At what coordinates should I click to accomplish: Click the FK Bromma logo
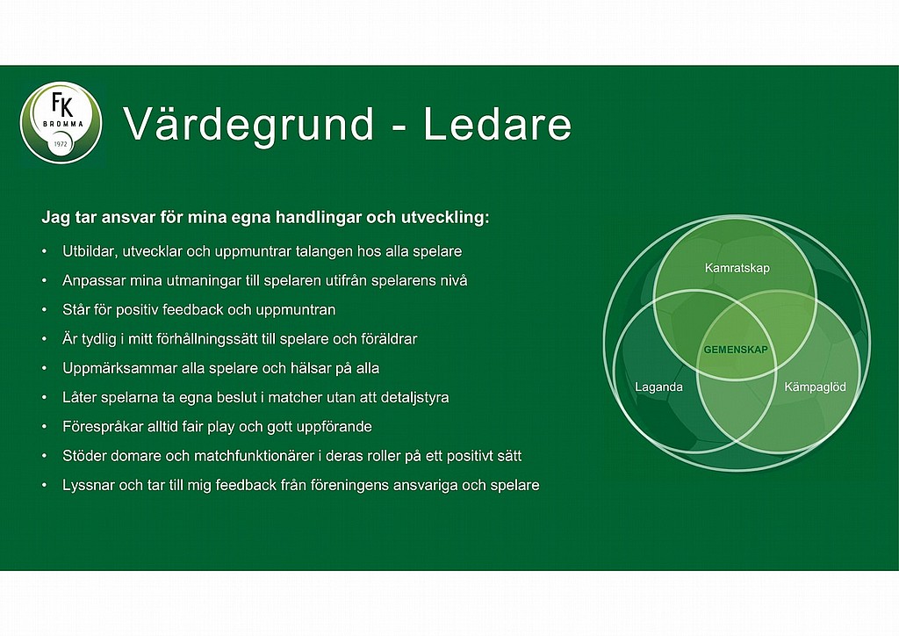click(61, 123)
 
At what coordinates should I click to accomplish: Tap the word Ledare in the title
click(498, 123)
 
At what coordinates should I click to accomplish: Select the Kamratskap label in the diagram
click(737, 268)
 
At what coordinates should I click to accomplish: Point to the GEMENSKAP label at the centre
click(736, 350)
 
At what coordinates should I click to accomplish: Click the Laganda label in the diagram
click(658, 387)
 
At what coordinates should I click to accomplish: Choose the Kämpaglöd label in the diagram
click(815, 387)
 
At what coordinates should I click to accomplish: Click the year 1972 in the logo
click(61, 144)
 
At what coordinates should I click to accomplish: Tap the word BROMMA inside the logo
click(63, 124)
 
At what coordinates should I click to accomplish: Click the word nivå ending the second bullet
click(456, 280)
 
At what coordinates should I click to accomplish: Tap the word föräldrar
click(389, 339)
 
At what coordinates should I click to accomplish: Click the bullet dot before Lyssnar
click(44, 485)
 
